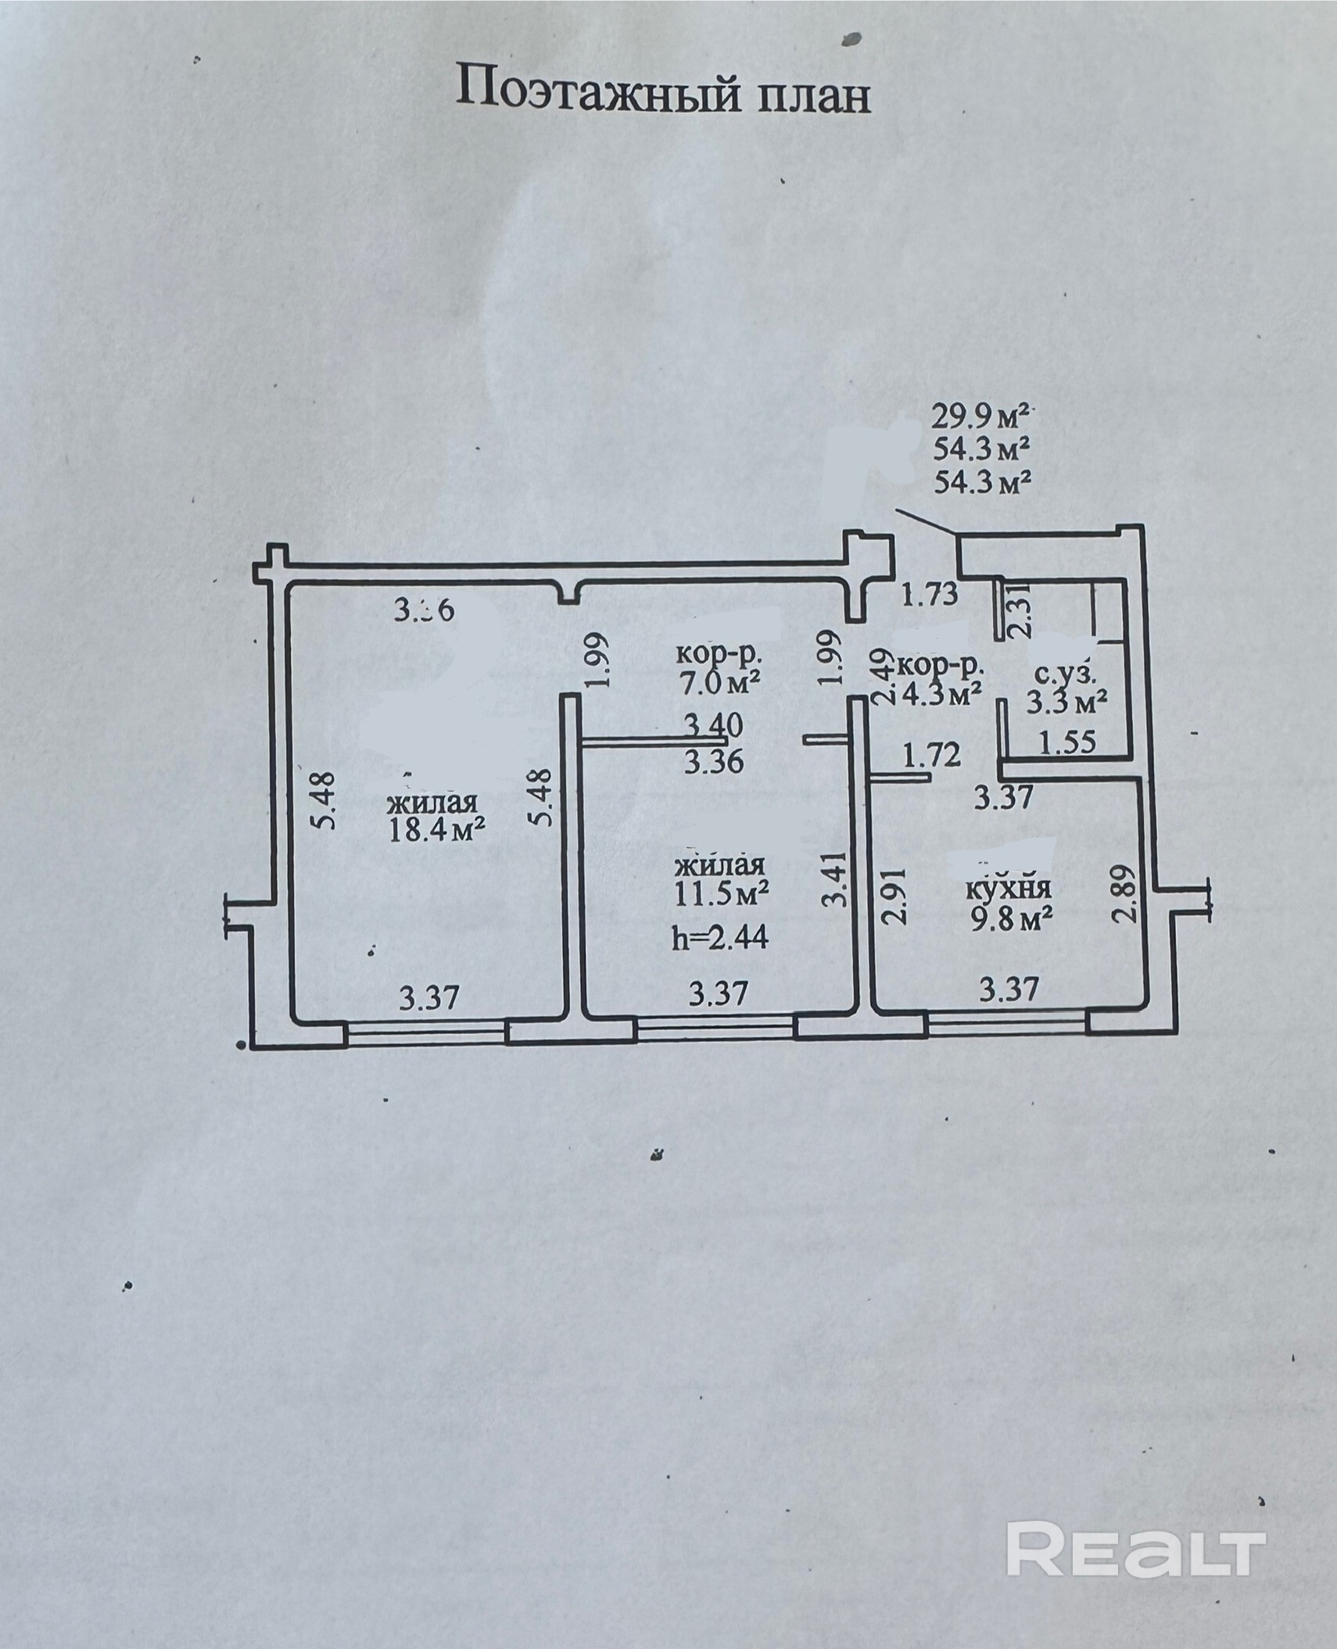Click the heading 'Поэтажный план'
pyautogui.click(x=663, y=90)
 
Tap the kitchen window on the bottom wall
pyautogui.click(x=1007, y=1022)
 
